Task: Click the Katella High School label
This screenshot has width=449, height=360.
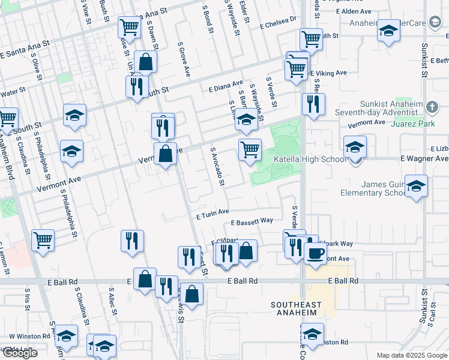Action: click(310, 160)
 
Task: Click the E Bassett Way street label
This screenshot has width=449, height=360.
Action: click(252, 222)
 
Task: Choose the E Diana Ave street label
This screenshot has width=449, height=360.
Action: click(226, 85)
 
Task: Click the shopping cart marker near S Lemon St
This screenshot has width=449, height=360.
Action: click(43, 241)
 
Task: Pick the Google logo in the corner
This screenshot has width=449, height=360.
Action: click(19, 353)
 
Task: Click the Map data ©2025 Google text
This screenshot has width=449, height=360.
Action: click(412, 355)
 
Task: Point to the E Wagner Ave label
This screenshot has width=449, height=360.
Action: click(424, 158)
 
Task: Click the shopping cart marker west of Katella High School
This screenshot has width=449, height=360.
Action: click(250, 149)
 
